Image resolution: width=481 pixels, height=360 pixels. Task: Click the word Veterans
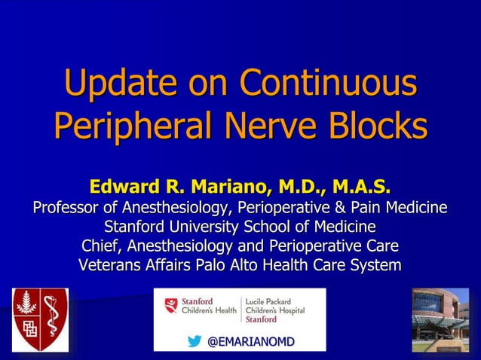click(x=110, y=265)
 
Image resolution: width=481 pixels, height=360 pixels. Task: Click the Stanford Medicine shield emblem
click(x=39, y=319)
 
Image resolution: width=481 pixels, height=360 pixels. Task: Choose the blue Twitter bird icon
click(x=195, y=342)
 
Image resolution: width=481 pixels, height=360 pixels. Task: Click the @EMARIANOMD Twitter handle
click(x=250, y=342)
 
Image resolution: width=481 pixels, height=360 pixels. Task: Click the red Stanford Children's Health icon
click(x=172, y=305)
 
